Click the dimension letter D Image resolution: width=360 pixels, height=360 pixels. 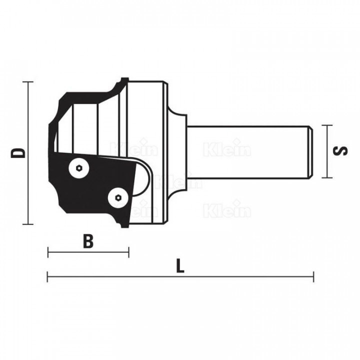point(17,153)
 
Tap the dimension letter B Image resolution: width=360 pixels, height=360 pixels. point(88,241)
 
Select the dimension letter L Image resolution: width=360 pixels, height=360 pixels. point(180,266)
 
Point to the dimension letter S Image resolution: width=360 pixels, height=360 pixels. point(340,151)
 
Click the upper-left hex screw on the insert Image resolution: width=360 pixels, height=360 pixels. point(79,168)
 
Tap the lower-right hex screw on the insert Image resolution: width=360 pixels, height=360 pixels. point(118,197)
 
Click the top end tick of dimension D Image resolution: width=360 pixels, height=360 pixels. point(28,81)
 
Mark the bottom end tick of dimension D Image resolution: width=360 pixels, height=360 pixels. point(28,224)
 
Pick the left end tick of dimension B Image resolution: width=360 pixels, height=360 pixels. point(48,252)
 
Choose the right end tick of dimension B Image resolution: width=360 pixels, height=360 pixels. point(128,252)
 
